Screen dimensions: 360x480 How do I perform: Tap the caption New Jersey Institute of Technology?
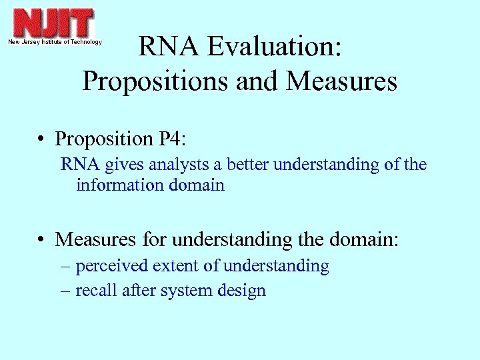pyautogui.click(x=55, y=42)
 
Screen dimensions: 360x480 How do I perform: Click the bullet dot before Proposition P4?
pyautogui.click(x=42, y=140)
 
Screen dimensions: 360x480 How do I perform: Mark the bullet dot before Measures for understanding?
pyautogui.click(x=42, y=239)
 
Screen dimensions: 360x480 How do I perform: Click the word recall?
pyautogui.click(x=93, y=291)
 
